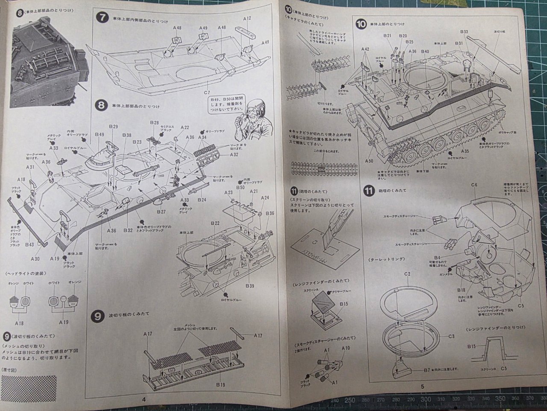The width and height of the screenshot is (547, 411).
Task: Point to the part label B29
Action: pyautogui.click(x=113, y=127)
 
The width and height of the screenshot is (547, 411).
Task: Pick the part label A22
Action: pyautogui.click(x=185, y=128)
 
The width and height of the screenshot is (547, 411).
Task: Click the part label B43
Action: pyautogui.click(x=29, y=244)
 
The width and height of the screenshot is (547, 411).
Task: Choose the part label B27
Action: pyautogui.click(x=161, y=212)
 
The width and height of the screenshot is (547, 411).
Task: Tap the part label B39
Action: pyautogui.click(x=250, y=286)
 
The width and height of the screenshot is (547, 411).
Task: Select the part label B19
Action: pyautogui.click(x=221, y=385)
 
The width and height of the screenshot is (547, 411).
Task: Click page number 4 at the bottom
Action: pyautogui.click(x=144, y=399)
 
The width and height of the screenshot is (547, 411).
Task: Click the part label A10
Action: pyautogui.click(x=345, y=348)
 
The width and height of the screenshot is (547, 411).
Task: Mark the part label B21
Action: pyautogui.click(x=387, y=36)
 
